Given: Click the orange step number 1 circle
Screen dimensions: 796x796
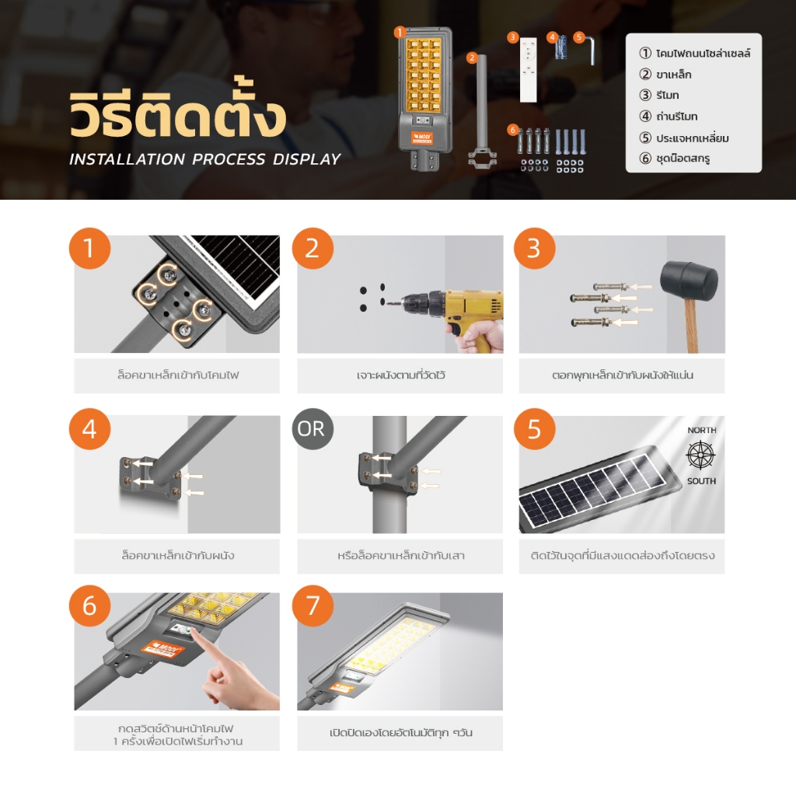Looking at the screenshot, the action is (x=90, y=248).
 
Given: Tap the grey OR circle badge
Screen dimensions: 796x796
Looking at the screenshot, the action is (x=312, y=429).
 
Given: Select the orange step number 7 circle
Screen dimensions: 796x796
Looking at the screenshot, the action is (x=312, y=606).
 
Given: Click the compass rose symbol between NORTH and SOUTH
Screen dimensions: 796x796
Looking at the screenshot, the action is (x=701, y=455).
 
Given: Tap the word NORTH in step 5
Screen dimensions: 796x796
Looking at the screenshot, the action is (x=702, y=430).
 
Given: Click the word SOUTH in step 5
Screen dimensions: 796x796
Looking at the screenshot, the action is (x=702, y=480).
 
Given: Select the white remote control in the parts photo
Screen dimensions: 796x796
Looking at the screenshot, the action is (x=528, y=69).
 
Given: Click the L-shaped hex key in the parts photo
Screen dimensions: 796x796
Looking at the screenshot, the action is (x=591, y=50).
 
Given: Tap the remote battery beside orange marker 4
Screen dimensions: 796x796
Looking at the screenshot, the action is (x=560, y=49).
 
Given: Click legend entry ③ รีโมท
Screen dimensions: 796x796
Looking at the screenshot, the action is (x=659, y=95).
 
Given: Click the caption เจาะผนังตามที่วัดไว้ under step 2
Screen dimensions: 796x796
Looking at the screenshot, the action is (x=400, y=375).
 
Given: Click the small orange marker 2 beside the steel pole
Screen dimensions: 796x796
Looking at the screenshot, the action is (x=472, y=58).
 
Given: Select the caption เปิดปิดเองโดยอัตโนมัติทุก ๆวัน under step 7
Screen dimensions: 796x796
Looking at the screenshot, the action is (x=400, y=732).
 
